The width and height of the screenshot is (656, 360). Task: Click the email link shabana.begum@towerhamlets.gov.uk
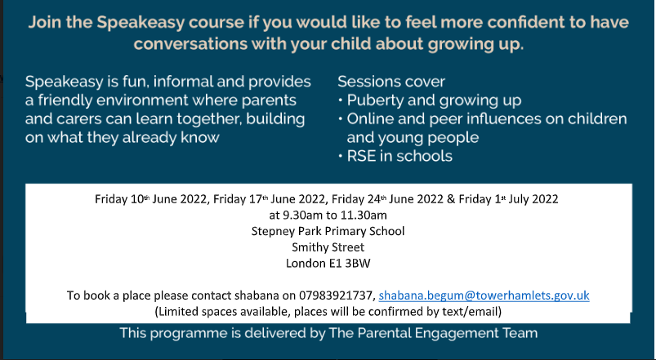pyautogui.click(x=484, y=296)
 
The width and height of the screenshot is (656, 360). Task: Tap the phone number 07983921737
pyautogui.click(x=337, y=296)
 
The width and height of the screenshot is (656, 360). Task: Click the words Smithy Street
pyautogui.click(x=328, y=247)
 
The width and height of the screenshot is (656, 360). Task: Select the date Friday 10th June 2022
pyautogui.click(x=150, y=199)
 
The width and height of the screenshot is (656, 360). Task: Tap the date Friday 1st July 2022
pyautogui.click(x=508, y=199)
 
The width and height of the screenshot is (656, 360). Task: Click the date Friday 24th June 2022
pyautogui.click(x=387, y=199)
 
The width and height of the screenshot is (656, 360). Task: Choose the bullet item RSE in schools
pyautogui.click(x=399, y=156)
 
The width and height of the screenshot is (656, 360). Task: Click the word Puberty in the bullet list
pyautogui.click(x=375, y=100)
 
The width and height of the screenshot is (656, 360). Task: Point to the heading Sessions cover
pyautogui.click(x=391, y=82)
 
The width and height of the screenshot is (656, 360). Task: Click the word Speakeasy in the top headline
pyautogui.click(x=141, y=23)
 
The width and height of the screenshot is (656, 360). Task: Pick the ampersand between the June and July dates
pyautogui.click(x=451, y=199)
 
